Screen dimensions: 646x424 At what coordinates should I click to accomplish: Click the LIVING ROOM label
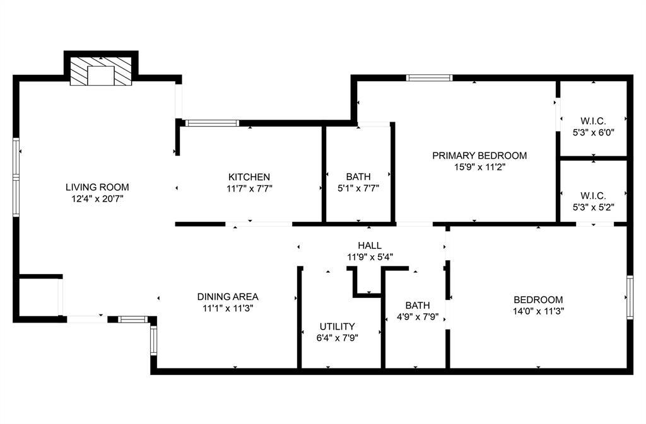pyautogui.click(x=97, y=187)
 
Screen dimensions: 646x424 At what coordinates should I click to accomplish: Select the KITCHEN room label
pyautogui.click(x=249, y=177)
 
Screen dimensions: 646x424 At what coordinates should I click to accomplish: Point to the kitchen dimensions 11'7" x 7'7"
pyautogui.click(x=250, y=188)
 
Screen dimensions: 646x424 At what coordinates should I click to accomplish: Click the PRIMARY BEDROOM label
pyautogui.click(x=479, y=156)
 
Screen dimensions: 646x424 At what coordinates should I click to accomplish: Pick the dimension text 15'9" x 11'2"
pyautogui.click(x=479, y=167)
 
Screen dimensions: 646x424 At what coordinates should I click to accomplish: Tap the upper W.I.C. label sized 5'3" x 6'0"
pyautogui.click(x=593, y=121)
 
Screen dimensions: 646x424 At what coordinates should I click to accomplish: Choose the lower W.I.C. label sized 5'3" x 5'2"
pyautogui.click(x=593, y=195)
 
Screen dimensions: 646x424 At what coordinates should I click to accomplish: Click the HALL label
pyautogui.click(x=369, y=246)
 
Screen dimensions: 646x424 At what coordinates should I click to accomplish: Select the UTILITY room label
pyautogui.click(x=337, y=326)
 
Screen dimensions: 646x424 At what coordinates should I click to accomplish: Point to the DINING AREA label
pyautogui.click(x=228, y=297)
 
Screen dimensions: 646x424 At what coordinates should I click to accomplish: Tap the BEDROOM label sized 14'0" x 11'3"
pyautogui.click(x=538, y=300)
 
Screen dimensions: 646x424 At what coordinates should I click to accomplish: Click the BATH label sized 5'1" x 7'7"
pyautogui.click(x=358, y=176)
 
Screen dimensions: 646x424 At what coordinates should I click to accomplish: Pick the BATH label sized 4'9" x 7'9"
pyautogui.click(x=418, y=306)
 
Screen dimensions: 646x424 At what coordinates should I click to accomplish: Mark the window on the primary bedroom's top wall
pyautogui.click(x=430, y=78)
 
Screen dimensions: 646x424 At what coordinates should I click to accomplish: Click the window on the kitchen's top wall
pyautogui.click(x=213, y=123)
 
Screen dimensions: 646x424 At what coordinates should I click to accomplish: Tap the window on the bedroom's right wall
pyautogui.click(x=630, y=297)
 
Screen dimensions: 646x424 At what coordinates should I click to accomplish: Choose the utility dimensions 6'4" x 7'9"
pyautogui.click(x=337, y=338)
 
